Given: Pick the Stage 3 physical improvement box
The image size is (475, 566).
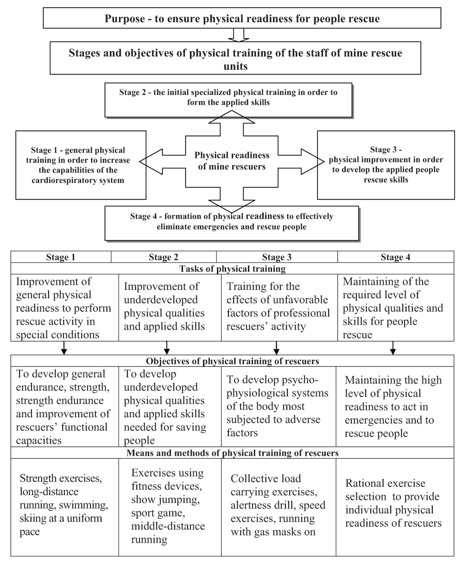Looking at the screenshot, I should click(386, 164).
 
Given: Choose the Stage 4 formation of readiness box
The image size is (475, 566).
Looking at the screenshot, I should click(231, 222).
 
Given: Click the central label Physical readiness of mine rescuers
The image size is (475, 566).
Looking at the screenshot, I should click(232, 160).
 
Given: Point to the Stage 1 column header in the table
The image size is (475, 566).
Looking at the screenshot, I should click(61, 258).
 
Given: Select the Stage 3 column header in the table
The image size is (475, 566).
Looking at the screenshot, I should click(277, 258).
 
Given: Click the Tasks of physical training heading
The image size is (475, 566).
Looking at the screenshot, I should click(232, 269).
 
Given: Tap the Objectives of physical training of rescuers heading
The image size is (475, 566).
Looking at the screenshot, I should click(232, 361).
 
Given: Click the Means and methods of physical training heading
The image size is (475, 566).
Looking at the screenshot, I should click(232, 453).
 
